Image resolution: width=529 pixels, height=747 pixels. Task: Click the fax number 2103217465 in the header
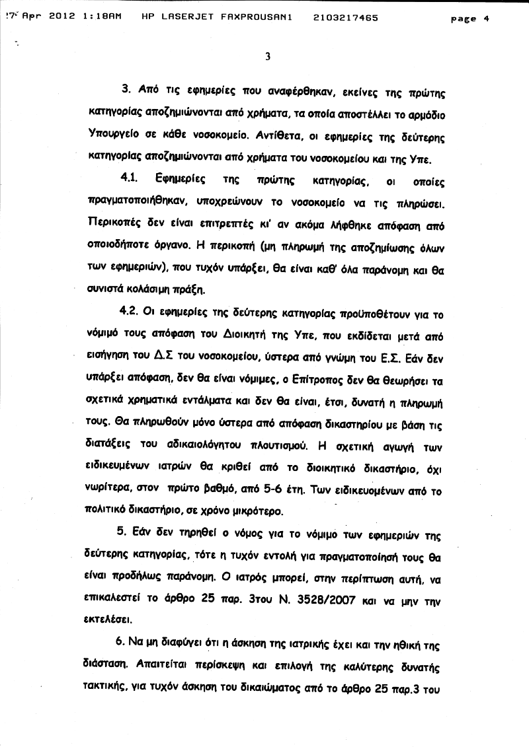[345, 18]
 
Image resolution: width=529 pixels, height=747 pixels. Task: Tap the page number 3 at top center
[267, 57]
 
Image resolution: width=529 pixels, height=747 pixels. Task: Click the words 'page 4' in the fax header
[469, 19]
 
